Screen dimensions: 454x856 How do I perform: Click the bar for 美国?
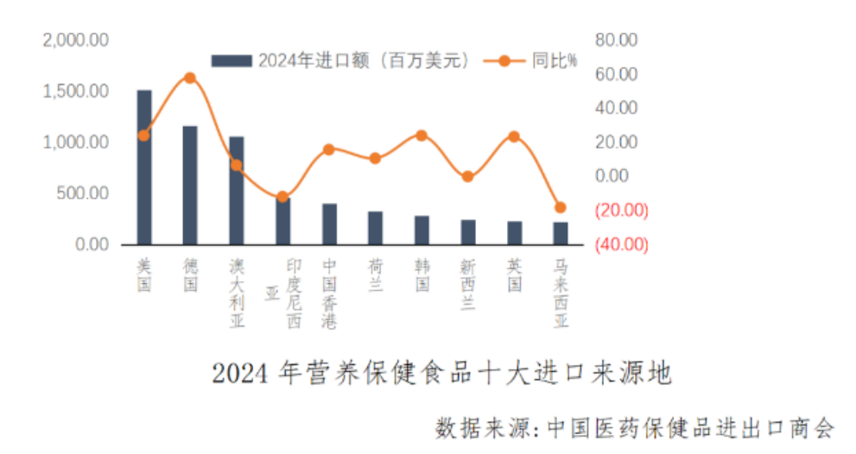[144, 167]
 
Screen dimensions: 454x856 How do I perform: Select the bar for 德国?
[190, 185]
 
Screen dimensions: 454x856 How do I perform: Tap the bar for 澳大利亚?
[236, 190]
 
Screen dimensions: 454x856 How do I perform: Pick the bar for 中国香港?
[329, 224]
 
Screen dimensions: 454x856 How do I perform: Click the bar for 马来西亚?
[561, 233]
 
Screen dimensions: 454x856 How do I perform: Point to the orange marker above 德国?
[190, 78]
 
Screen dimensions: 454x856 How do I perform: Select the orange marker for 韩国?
[422, 136]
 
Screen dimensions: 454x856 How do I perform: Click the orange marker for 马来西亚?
[561, 207]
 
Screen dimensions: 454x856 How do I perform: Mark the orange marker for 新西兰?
[467, 177]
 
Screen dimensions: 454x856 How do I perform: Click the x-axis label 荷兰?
[375, 274]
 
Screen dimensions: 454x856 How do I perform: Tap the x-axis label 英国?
[515, 274]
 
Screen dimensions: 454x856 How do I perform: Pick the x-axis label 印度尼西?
[294, 293]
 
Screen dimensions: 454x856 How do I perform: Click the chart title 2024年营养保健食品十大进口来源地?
[441, 374]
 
